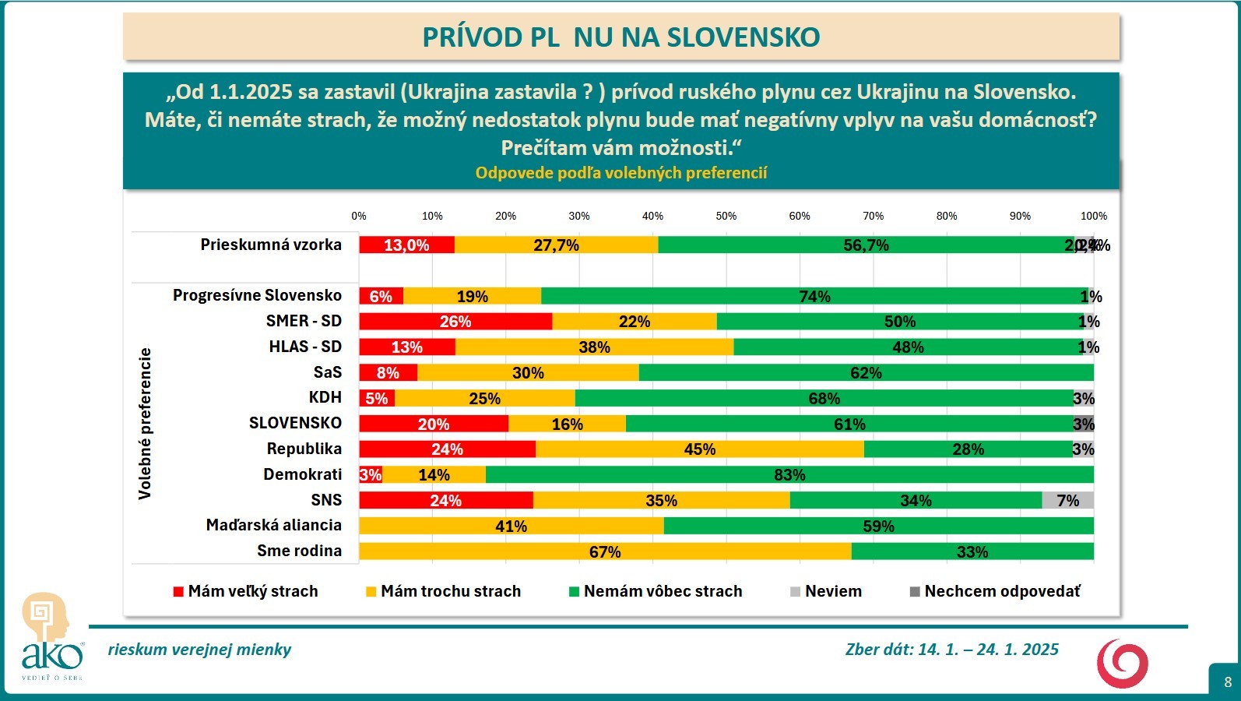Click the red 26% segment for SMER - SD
[x=455, y=322]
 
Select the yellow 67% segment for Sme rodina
[x=605, y=551]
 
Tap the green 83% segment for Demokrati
[x=789, y=474]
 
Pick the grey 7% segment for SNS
[x=1067, y=500]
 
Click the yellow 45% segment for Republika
[x=699, y=449]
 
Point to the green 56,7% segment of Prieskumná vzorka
[x=866, y=245]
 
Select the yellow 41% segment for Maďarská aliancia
[x=511, y=526]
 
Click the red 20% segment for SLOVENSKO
[x=434, y=424]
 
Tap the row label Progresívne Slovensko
[x=257, y=295]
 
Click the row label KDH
[x=325, y=397]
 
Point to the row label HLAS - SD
[x=305, y=347]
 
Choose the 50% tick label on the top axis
[x=726, y=216]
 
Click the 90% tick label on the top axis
[x=1020, y=216]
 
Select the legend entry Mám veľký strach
[x=245, y=591]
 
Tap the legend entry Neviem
[x=826, y=591]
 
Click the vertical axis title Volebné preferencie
[x=145, y=423]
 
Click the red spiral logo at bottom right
[x=1122, y=664]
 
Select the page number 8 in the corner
[x=1228, y=682]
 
